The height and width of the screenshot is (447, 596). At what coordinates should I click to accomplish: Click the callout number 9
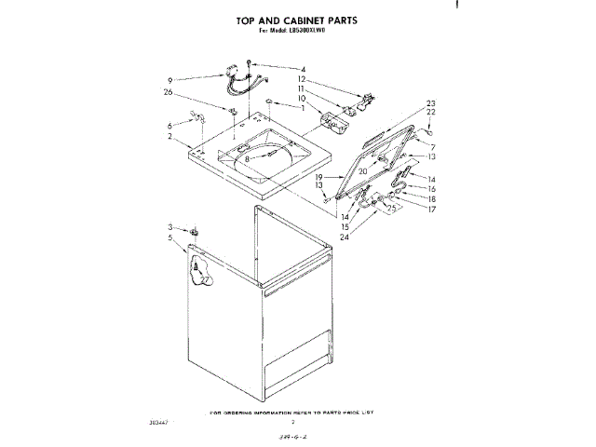(x=170, y=78)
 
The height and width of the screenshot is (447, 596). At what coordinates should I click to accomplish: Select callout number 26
(x=168, y=91)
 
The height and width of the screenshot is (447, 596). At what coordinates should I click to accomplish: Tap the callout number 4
(x=303, y=69)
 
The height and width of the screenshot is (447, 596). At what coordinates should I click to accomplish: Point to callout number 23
(x=431, y=102)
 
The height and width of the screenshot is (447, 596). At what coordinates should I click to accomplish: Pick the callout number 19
(x=318, y=177)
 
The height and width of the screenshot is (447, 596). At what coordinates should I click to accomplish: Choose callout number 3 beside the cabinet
(x=170, y=227)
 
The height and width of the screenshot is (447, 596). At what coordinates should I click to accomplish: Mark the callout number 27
(x=205, y=278)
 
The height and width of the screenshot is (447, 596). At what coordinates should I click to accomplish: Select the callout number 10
(x=302, y=98)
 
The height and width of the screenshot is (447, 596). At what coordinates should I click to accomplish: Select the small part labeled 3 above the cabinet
(x=196, y=231)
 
